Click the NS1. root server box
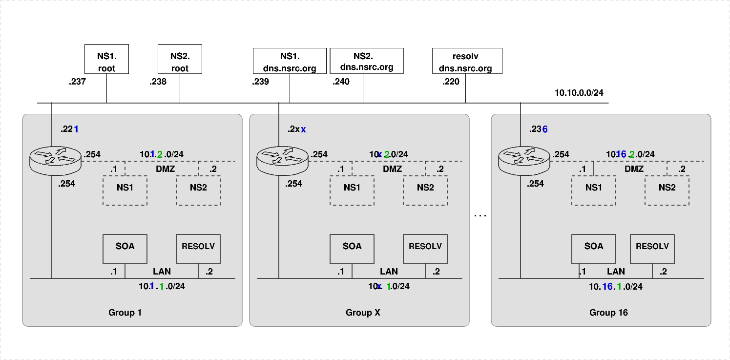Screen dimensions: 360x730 [106, 59]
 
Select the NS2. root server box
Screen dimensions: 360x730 [180, 59]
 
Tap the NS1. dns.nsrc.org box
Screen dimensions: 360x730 [290, 61]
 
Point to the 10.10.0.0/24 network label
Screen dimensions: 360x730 [579, 93]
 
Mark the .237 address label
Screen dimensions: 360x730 [77, 82]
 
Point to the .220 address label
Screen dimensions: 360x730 [451, 82]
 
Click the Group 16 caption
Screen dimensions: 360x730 [608, 313]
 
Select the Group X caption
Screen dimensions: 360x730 [363, 313]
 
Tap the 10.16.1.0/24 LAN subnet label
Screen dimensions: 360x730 [616, 287]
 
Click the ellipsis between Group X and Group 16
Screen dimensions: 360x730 [480, 215]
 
